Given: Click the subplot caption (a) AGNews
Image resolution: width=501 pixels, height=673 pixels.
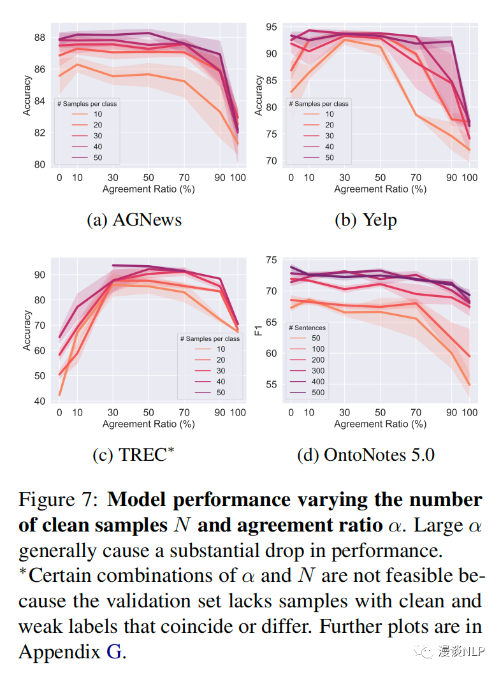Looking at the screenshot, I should (134, 220).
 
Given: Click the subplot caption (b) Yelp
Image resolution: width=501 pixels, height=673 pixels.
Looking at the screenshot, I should (365, 220).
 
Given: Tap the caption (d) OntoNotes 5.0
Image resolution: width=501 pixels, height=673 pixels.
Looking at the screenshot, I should (365, 455).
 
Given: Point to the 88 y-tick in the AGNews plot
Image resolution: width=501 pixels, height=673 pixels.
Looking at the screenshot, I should (40, 37).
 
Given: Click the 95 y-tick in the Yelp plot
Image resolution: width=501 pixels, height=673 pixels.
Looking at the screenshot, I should (272, 27).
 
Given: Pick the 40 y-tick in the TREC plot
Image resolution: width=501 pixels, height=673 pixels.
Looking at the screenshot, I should (40, 401).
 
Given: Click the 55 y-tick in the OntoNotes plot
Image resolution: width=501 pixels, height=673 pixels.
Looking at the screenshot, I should (272, 384).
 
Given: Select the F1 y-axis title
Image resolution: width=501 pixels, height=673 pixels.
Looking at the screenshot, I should (258, 330).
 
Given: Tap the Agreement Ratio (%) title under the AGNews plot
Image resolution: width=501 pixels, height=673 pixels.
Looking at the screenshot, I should (149, 189).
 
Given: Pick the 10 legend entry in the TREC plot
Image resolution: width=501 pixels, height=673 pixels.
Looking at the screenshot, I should (221, 349).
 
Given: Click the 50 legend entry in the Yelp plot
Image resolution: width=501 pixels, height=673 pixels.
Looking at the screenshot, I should (329, 157).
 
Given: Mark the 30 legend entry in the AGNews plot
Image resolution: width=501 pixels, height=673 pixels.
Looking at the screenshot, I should (98, 136).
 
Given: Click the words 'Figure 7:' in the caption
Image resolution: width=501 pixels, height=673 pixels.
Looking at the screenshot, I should (59, 500).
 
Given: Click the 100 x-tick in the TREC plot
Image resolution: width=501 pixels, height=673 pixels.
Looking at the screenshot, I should (238, 413).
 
